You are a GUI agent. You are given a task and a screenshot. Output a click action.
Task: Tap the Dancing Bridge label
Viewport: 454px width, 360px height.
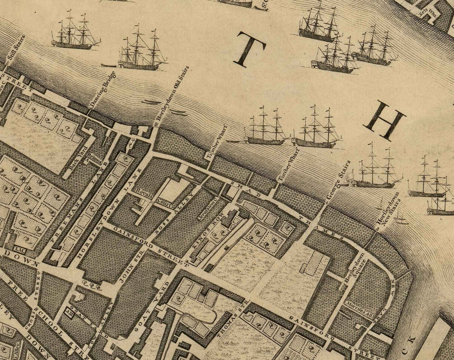(x=102, y=89)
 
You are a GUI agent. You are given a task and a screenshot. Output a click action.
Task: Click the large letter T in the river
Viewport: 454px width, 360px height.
(x=249, y=49)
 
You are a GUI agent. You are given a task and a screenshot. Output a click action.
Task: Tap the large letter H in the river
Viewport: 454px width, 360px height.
(x=385, y=120)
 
